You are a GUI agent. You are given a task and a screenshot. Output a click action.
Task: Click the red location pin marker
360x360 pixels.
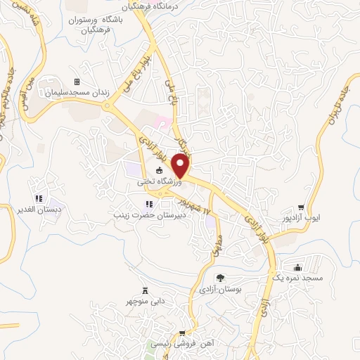[181, 166]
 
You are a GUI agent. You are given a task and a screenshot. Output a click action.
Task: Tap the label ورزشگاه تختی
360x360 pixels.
[160, 181]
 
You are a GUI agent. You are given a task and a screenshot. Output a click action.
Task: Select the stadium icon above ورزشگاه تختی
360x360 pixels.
[160, 171]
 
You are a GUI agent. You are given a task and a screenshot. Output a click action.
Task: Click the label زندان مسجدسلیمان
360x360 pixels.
[74, 93]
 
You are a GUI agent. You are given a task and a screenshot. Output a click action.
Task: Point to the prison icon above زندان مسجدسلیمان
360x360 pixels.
[77, 82]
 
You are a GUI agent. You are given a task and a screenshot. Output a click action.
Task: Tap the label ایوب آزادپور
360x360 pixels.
[302, 218]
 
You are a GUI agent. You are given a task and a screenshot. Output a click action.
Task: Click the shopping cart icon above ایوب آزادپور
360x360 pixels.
[301, 207]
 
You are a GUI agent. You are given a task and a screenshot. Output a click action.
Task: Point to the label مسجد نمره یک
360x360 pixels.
[299, 278]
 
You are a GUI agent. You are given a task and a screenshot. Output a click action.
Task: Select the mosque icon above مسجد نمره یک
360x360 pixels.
[298, 267]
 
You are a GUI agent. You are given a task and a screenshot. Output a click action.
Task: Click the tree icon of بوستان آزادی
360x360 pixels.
[220, 278]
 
